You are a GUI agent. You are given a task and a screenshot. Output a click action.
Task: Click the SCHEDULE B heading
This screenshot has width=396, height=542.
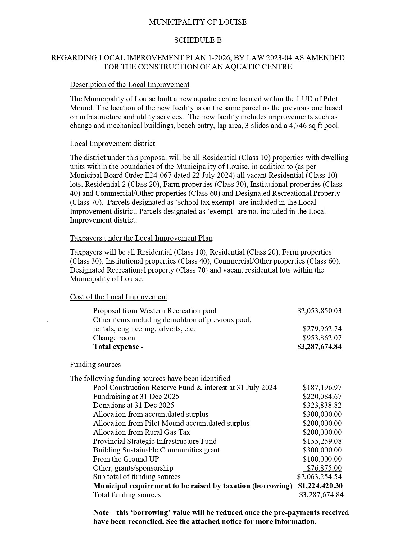198,40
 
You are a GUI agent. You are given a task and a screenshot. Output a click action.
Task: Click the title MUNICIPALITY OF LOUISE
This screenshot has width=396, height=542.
198,22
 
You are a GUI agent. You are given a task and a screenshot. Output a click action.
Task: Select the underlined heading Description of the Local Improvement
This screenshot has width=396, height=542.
130,85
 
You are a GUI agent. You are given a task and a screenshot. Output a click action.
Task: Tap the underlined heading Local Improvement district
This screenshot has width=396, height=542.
112,144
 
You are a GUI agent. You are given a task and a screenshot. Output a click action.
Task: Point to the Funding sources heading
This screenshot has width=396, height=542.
95,365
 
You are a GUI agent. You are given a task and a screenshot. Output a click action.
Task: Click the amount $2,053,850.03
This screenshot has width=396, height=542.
319,311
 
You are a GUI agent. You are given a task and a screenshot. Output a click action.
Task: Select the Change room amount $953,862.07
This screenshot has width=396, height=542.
322,338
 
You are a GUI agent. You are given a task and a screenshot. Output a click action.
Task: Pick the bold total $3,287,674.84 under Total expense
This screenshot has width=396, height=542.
319,347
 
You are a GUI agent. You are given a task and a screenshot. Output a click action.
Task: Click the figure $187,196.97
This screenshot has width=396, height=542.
322,388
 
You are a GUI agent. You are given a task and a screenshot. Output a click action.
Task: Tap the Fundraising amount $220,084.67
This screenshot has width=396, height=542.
322,397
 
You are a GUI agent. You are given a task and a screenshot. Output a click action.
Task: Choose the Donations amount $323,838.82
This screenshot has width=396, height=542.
322,405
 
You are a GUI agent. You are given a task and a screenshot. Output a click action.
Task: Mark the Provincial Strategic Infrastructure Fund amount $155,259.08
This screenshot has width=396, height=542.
322,441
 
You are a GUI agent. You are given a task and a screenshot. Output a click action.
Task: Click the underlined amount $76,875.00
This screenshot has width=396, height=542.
324,468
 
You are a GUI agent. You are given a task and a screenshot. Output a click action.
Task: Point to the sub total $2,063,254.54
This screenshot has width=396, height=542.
319,477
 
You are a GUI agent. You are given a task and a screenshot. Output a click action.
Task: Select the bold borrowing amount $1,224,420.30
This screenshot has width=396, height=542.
320,486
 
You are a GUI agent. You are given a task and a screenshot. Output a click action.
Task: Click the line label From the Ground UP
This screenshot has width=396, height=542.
126,459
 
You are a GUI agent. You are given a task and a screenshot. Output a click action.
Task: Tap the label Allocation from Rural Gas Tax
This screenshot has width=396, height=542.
141,432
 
